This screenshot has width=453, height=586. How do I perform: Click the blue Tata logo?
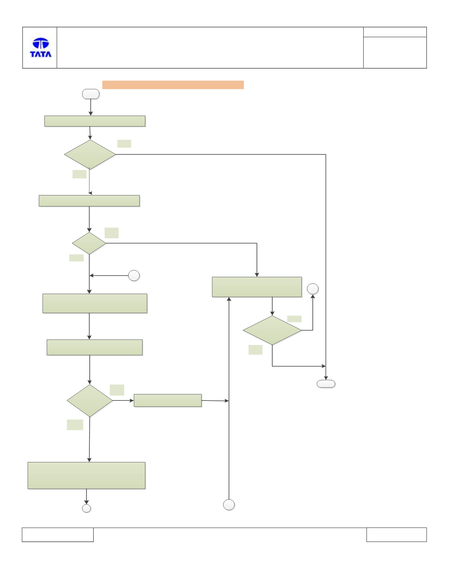[41, 47]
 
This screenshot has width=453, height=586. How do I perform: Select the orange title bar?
[173, 85]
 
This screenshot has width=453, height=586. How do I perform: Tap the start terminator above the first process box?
[91, 94]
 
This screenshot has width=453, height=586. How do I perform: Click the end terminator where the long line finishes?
[326, 384]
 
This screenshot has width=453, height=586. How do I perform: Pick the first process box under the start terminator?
[95, 121]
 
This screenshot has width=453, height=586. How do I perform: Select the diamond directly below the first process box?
[90, 155]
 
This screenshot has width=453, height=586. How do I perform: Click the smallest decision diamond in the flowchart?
[89, 243]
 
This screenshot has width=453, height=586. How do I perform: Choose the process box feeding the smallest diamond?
[89, 201]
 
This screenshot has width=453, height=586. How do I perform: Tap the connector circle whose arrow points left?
[134, 276]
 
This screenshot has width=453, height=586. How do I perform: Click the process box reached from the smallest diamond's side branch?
[257, 287]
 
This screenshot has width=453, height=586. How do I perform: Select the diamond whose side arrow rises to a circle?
[272, 330]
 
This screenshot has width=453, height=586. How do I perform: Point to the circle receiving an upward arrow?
[312, 289]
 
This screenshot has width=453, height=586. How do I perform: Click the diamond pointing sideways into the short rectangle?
[90, 400]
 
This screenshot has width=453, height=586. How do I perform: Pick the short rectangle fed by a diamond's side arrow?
[168, 400]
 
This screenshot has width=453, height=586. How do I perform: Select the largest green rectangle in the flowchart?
[86, 476]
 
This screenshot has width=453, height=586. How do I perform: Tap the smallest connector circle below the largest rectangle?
[87, 508]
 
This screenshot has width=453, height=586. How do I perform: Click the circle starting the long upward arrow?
[229, 505]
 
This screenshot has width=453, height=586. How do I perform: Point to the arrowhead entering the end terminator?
[326, 378]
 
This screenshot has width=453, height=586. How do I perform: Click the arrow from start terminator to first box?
[91, 107]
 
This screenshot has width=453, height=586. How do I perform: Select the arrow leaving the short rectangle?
[215, 401]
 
